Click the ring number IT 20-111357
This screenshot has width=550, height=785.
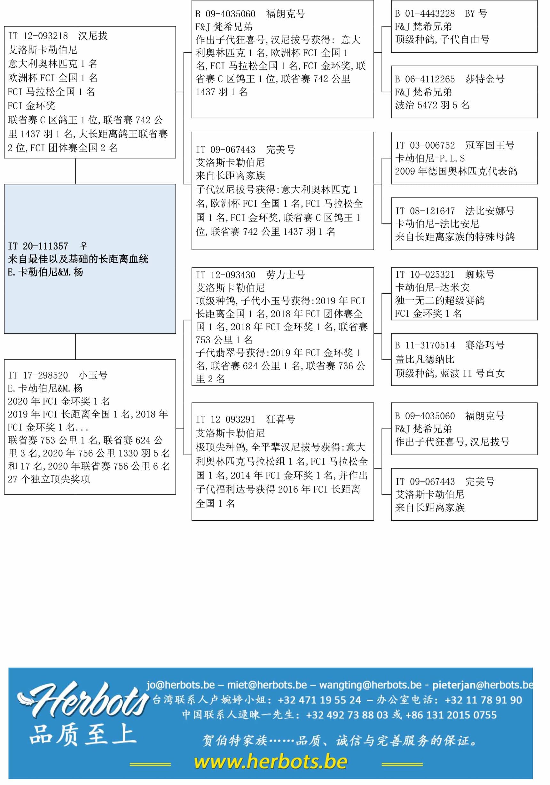pos(38,246)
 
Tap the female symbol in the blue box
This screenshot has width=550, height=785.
pos(84,246)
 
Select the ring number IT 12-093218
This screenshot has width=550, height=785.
pos(38,36)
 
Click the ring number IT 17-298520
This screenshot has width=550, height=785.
pos(38,376)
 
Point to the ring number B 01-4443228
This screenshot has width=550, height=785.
pos(425,14)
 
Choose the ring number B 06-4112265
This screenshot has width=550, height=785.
pos(425,79)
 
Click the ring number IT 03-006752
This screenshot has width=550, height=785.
pos(425,145)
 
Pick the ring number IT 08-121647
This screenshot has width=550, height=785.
pos(425,211)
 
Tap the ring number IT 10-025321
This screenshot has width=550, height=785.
pos(425,275)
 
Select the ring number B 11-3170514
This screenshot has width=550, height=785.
pos(425,345)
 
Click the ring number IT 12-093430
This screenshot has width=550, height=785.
pos(226,275)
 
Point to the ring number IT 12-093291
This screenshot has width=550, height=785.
pos(226,420)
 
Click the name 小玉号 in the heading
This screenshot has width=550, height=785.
pos(93,376)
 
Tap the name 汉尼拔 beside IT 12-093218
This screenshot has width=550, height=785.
pos(93,36)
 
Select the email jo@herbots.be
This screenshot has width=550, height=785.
pos(181,685)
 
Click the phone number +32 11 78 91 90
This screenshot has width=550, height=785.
pos(483,700)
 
